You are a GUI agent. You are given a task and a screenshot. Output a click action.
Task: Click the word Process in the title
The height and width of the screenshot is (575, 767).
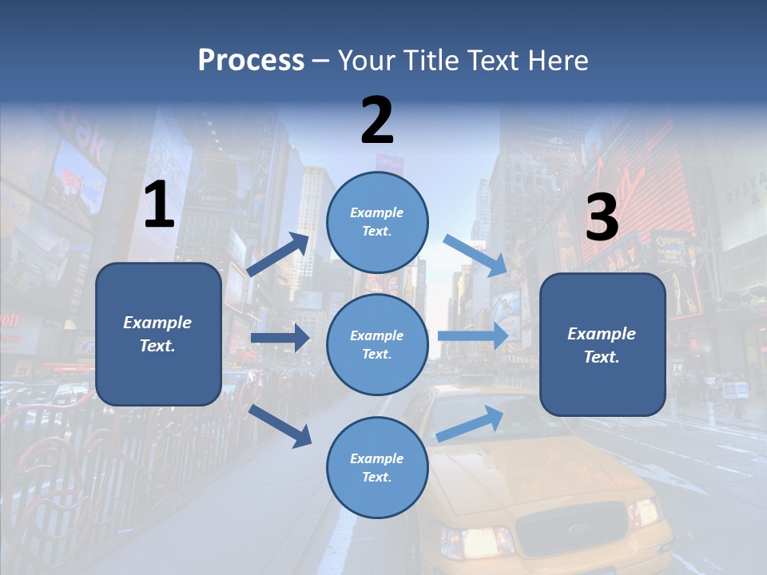click(251, 60)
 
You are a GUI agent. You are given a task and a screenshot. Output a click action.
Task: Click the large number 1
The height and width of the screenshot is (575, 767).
click(159, 205)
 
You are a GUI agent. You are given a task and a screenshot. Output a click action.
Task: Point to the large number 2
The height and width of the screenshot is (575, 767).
click(377, 121)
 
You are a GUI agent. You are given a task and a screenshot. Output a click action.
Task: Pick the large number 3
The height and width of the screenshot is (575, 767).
click(602, 218)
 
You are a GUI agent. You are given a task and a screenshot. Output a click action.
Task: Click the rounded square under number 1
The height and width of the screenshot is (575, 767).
click(158, 334)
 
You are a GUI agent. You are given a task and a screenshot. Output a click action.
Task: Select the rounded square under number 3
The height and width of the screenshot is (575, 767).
click(602, 345)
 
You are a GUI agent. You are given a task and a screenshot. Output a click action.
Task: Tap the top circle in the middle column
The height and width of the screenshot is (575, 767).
click(377, 222)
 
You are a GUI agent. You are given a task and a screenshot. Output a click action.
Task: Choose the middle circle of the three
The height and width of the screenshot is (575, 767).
click(377, 345)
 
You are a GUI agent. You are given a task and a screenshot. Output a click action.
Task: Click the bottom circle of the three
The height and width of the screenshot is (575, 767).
click(377, 467)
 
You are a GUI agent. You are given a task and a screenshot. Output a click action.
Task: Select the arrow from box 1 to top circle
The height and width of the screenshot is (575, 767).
click(277, 255)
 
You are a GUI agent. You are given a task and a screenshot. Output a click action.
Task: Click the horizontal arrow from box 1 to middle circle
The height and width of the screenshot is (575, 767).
click(280, 338)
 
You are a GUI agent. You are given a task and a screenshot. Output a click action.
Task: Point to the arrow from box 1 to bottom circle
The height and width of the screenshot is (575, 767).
click(280, 425)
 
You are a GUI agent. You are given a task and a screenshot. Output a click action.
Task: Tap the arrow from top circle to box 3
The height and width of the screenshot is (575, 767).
click(475, 256)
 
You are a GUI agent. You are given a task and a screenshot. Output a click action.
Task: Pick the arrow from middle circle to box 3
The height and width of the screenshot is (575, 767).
click(473, 335)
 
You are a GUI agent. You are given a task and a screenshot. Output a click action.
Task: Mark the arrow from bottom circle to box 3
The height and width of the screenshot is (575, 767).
click(470, 423)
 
